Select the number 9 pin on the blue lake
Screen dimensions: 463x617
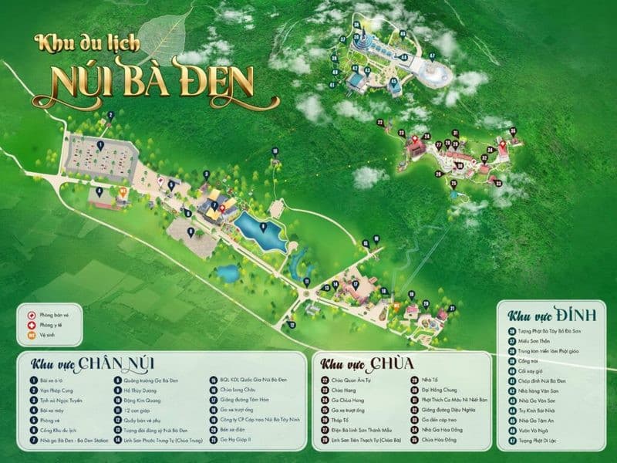[264, 227]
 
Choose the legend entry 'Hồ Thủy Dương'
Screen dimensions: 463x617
[143, 390]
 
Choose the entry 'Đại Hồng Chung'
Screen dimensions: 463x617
[441, 390]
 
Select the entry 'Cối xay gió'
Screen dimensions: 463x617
[533, 371]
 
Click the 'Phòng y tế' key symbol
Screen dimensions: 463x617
[32, 325]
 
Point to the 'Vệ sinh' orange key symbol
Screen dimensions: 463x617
[32, 335]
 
